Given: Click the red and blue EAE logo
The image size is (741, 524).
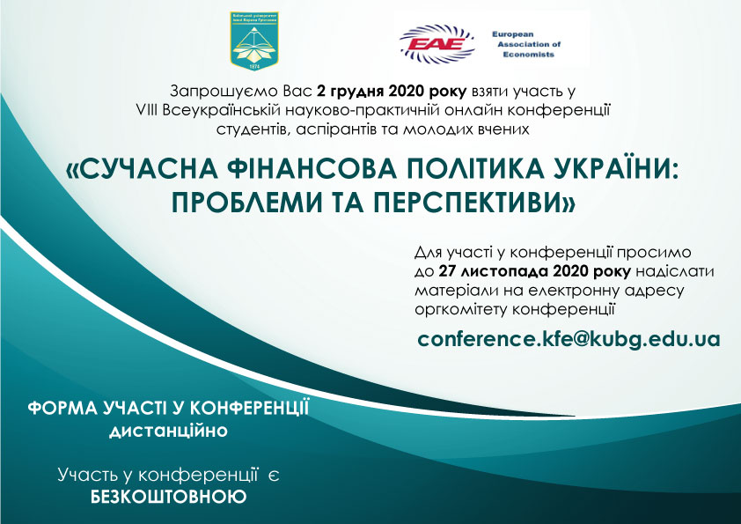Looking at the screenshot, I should (437, 41).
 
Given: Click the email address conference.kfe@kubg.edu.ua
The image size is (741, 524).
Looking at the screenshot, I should (569, 339).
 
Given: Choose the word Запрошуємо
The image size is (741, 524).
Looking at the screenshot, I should (216, 91).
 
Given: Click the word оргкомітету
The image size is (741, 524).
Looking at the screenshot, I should (460, 309).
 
